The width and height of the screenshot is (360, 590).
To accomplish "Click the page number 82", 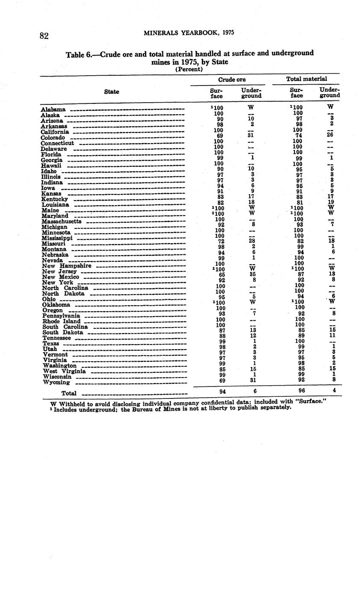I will point(44,35).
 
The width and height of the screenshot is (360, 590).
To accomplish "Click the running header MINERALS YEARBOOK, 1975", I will point(189,32).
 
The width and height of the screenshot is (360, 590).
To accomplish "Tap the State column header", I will point(112,91).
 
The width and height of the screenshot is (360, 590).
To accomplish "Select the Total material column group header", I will point(306,79).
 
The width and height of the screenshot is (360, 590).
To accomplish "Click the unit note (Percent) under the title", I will point(189,69).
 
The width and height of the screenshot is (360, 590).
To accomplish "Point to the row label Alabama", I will point(53,110).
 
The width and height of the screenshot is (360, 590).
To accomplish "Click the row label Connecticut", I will point(58,143).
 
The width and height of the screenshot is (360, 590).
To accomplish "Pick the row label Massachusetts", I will point(62,221).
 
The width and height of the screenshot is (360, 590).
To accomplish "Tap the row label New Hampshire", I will point(67,266).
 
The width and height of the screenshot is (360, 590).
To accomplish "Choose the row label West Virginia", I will point(65,372).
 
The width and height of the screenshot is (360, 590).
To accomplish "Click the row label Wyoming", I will point(56,383).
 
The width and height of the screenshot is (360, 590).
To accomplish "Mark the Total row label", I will point(69,393).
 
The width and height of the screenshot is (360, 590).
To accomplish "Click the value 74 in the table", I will point(299,136).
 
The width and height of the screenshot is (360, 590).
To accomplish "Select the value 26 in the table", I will point(329,135).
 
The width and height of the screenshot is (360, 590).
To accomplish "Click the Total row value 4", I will point(334,390).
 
